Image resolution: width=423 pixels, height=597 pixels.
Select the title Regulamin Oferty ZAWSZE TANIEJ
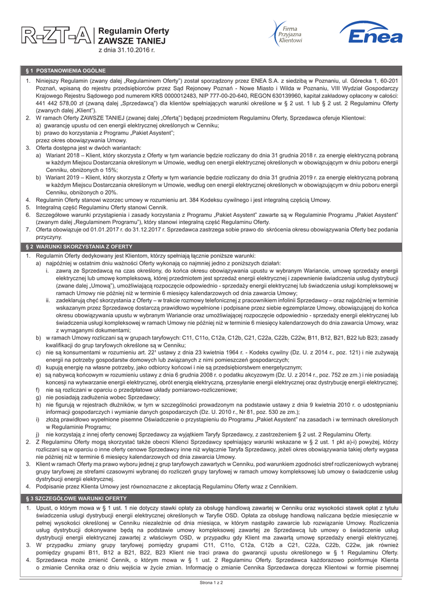133,36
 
